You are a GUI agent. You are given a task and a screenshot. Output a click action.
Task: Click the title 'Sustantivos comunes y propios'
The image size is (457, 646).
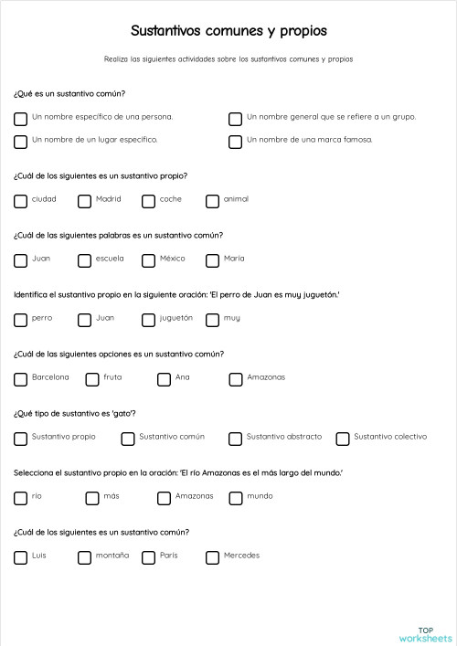pyautogui.click(x=228, y=31)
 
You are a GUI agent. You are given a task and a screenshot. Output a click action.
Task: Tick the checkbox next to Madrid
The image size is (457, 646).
pyautogui.click(x=84, y=200)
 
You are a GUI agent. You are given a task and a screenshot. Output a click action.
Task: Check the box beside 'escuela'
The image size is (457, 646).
pyautogui.click(x=84, y=259)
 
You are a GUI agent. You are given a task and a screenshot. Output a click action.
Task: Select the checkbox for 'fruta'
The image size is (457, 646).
pyautogui.click(x=92, y=378)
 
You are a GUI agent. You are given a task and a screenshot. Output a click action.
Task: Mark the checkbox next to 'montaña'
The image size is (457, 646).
pyautogui.click(x=84, y=556)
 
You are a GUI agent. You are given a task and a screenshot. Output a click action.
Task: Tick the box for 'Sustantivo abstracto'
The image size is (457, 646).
pyautogui.click(x=235, y=438)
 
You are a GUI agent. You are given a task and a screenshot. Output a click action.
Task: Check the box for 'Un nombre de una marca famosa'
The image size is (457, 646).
pyautogui.click(x=235, y=141)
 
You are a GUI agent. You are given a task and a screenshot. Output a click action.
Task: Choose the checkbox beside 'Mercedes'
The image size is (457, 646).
pyautogui.click(x=212, y=556)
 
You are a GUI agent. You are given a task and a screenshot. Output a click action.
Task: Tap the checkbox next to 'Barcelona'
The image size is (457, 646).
pyautogui.click(x=20, y=378)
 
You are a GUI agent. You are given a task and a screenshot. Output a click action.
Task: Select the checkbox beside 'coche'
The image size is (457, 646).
pyautogui.click(x=148, y=200)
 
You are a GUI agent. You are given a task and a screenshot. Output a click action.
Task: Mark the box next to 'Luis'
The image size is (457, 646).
pyautogui.click(x=20, y=556)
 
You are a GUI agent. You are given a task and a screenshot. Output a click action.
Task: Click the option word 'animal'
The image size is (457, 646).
pyautogui.click(x=236, y=199)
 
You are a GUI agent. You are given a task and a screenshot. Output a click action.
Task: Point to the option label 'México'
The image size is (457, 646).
pyautogui.click(x=172, y=259)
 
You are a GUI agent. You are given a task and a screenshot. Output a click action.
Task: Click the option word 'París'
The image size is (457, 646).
pyautogui.click(x=169, y=556)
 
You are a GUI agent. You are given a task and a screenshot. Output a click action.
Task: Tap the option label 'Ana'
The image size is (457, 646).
pyautogui.click(x=182, y=377)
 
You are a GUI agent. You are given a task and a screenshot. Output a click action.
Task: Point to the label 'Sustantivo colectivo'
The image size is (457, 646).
pyautogui.click(x=390, y=437)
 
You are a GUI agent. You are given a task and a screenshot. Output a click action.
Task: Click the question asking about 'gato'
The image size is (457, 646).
pyautogui.click(x=76, y=413)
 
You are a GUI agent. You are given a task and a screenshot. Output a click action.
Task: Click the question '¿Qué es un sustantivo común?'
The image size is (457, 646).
pyautogui.click(x=69, y=93)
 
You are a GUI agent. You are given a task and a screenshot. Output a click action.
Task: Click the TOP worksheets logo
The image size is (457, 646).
pyautogui.click(x=426, y=633)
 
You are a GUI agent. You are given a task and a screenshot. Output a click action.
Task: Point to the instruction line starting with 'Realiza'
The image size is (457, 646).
pyautogui.click(x=228, y=59)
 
